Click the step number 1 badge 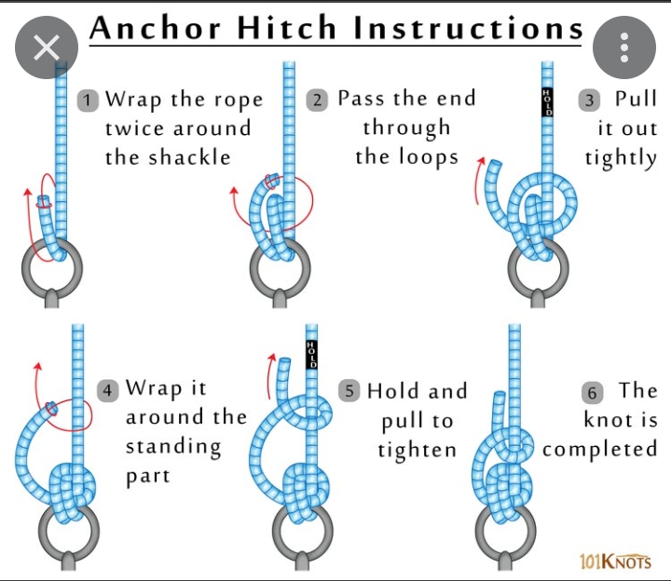tap(89, 100)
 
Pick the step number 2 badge tap(320, 99)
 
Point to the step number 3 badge tap(588, 100)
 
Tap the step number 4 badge tap(109, 389)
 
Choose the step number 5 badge tap(350, 391)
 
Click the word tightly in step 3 tap(621, 157)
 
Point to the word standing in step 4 tap(173, 448)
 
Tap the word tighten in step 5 tap(417, 451)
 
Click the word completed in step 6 tap(599, 451)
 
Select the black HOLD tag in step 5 tap(311, 355)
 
